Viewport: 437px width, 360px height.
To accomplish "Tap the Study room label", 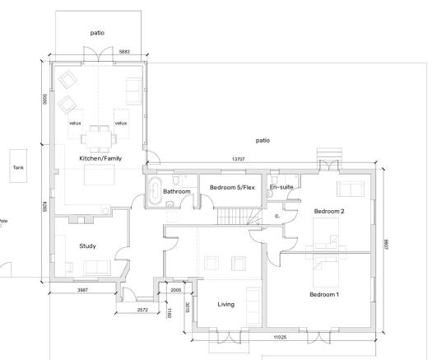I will (x=87, y=245).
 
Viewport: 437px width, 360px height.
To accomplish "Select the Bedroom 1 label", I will (x=324, y=294).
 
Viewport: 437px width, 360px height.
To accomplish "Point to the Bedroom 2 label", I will (x=328, y=211).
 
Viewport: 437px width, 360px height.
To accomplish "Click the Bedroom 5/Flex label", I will (x=231, y=188).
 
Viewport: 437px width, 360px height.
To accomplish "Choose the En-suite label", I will (x=281, y=188).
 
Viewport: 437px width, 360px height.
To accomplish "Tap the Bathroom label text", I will (x=176, y=191).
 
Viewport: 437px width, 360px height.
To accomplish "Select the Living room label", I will (x=225, y=304).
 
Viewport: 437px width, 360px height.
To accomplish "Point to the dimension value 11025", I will (x=273, y=337).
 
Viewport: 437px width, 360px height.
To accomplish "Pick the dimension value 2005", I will (x=175, y=291).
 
